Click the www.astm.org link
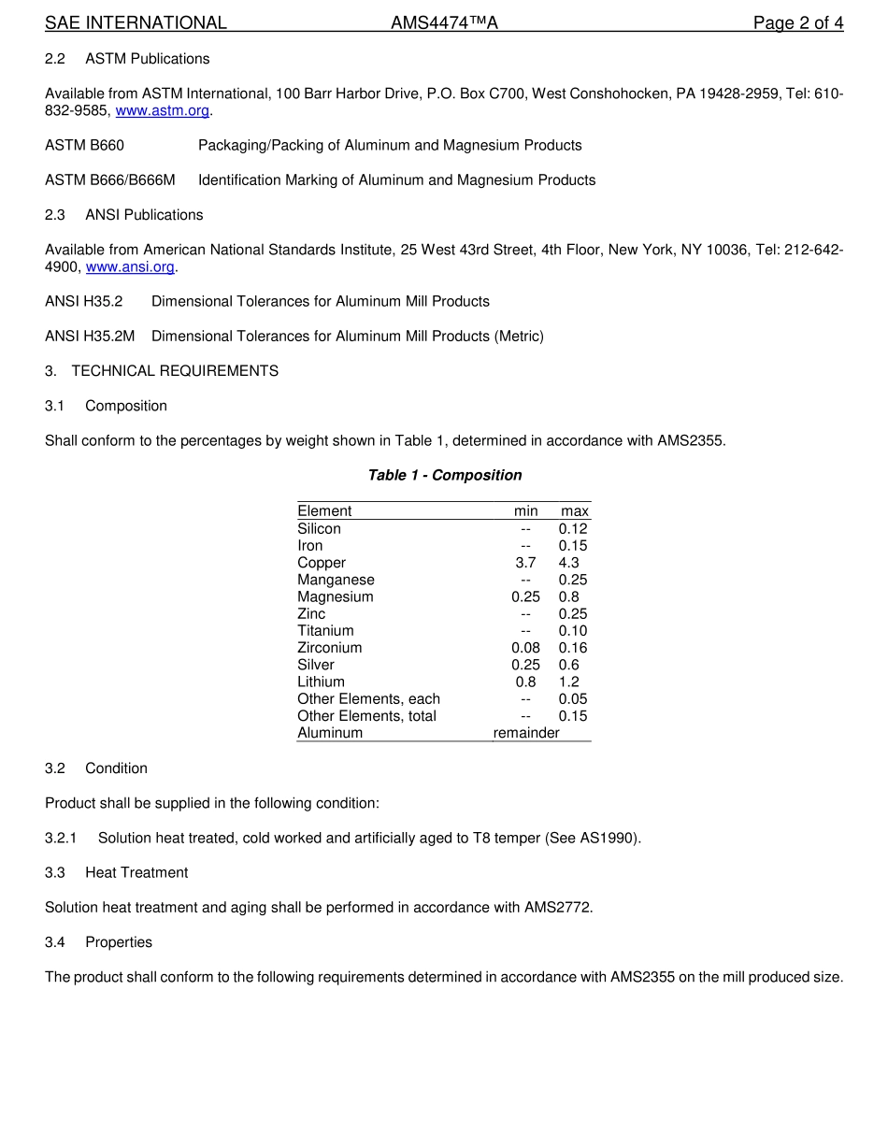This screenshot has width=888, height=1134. [x=162, y=110]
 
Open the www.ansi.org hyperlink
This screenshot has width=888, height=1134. [x=130, y=267]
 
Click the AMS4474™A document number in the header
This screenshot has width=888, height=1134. [x=444, y=23]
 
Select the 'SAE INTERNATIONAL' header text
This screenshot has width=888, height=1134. [x=136, y=23]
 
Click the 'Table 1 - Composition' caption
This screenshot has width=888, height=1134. [x=445, y=475]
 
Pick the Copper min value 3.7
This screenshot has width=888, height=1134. [x=525, y=563]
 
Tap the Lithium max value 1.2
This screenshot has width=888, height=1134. [x=569, y=682]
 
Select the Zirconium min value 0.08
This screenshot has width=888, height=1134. [x=525, y=648]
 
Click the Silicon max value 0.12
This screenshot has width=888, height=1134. [x=573, y=529]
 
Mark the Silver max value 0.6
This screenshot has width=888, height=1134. [x=569, y=665]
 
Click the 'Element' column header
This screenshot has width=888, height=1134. [x=324, y=511]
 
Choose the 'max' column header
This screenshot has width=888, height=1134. [x=575, y=511]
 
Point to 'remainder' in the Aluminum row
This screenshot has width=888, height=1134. [x=526, y=733]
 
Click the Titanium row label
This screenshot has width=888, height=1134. [x=325, y=631]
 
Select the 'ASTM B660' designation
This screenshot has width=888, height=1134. [x=84, y=145]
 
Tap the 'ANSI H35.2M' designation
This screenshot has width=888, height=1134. [x=91, y=336]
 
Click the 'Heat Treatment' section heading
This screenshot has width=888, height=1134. [x=136, y=872]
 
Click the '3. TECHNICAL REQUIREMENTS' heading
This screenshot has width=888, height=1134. [x=162, y=371]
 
